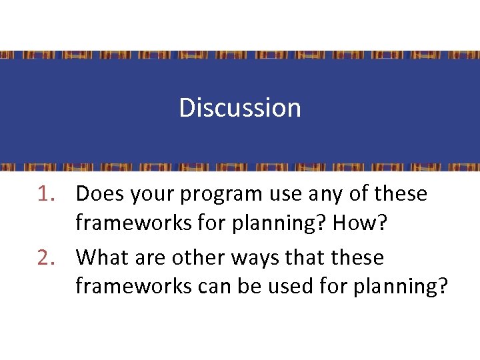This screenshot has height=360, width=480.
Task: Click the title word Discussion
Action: click(x=240, y=108)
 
